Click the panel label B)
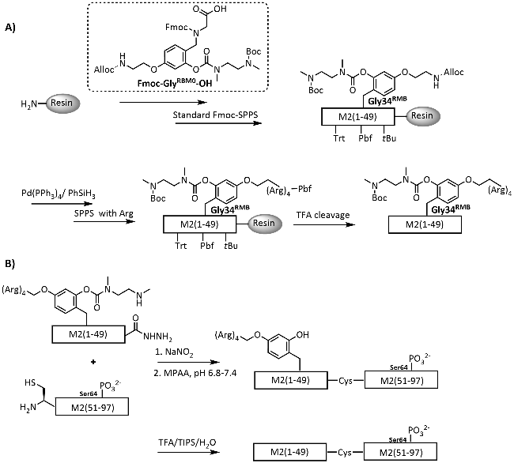[9, 254]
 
